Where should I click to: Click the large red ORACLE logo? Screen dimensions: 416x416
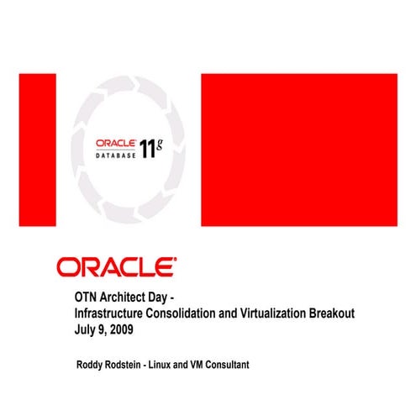[116, 267]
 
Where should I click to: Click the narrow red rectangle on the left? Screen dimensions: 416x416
[36, 150]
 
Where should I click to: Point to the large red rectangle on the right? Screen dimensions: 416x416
[298, 150]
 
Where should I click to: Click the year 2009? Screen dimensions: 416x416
[121, 329]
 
